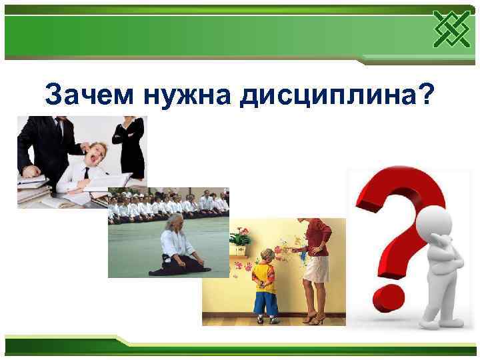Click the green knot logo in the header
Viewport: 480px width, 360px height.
coord(450,30)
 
